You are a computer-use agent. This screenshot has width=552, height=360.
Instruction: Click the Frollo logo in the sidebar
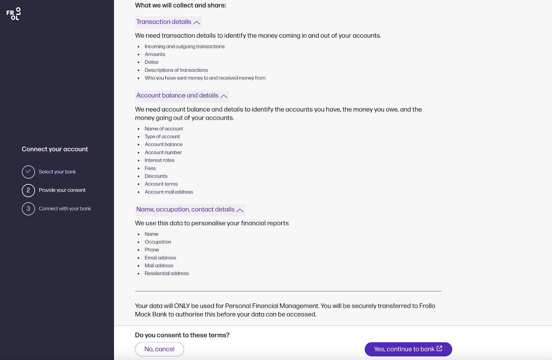13,14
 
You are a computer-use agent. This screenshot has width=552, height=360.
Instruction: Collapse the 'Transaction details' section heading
168,22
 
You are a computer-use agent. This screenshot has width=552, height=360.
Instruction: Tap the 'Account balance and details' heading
181,96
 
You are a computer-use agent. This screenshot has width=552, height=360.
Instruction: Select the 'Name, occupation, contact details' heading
189,210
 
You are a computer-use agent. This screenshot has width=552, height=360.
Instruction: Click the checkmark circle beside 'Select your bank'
28,172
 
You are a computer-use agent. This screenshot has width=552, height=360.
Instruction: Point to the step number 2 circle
28,190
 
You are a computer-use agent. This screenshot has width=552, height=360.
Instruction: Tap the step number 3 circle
28,209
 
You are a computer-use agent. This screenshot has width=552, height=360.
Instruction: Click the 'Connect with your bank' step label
65,209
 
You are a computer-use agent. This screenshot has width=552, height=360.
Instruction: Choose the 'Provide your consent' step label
62,190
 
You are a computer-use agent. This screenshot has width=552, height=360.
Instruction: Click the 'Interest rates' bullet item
159,160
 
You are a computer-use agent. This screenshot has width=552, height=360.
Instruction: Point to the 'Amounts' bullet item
155,54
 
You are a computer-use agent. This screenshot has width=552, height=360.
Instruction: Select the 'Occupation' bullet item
158,242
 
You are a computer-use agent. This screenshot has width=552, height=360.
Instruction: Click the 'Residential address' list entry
167,273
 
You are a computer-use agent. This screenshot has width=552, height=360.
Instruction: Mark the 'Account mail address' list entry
169,192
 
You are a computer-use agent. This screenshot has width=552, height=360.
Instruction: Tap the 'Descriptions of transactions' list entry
176,70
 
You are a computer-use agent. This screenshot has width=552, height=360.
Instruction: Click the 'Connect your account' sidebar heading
55,149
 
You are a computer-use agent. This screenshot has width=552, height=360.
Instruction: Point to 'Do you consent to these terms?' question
182,335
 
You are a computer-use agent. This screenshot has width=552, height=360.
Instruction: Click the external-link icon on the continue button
440,349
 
